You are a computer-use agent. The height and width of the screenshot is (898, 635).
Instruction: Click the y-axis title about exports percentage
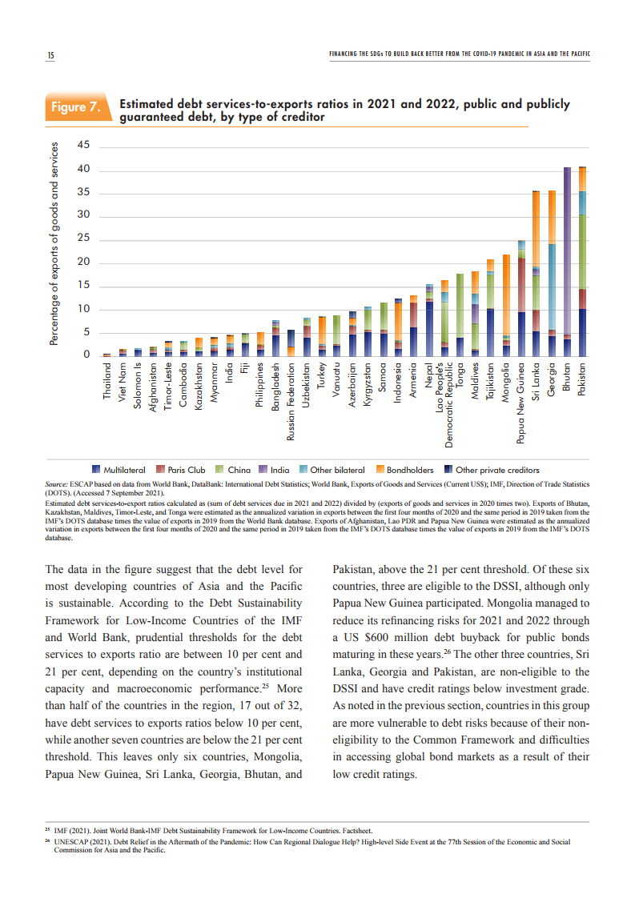point(54,244)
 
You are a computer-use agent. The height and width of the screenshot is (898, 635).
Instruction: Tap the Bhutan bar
point(567,260)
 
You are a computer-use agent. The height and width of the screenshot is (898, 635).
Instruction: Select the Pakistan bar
point(582,260)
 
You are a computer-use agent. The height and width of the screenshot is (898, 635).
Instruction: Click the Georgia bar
point(552,272)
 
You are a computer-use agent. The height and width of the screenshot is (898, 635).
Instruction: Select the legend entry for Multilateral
point(121,470)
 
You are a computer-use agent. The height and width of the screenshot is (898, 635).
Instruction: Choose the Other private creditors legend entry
point(492,470)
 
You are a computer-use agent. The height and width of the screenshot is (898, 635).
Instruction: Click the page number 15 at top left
point(50,54)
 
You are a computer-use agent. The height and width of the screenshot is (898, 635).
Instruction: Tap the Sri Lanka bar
point(537,272)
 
